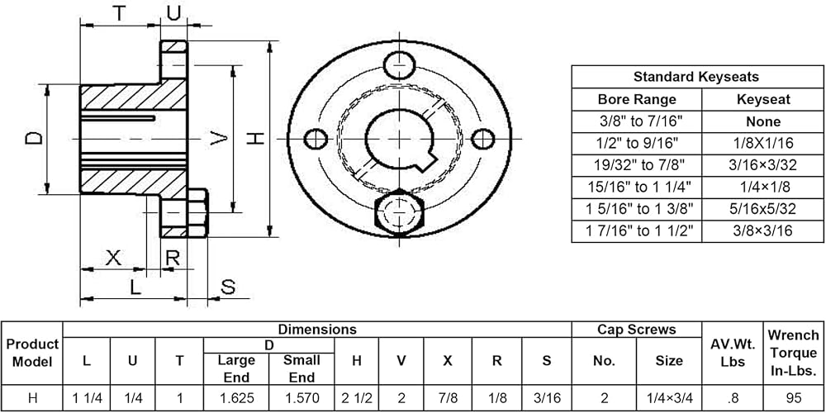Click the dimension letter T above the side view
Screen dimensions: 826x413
(x=120, y=13)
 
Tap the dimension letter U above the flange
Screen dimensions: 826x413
(x=173, y=13)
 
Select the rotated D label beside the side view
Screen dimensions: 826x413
(x=34, y=138)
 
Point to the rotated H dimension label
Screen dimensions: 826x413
(x=256, y=139)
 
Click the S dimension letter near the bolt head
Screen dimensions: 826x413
(x=228, y=287)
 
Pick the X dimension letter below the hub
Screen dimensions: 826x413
(x=113, y=258)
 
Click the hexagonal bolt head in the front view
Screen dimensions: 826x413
(x=399, y=213)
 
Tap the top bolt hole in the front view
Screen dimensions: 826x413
(x=399, y=66)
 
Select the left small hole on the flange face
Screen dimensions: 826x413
(x=316, y=139)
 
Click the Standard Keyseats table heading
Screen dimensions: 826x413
(x=695, y=77)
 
